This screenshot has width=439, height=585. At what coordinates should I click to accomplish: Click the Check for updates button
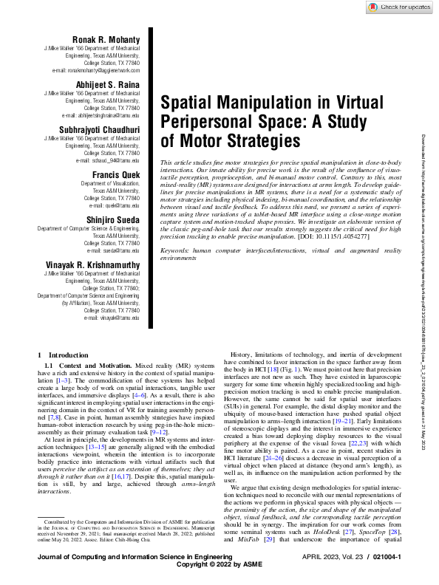click(x=399, y=7)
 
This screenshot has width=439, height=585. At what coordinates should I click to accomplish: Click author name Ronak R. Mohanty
click(x=106, y=39)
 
